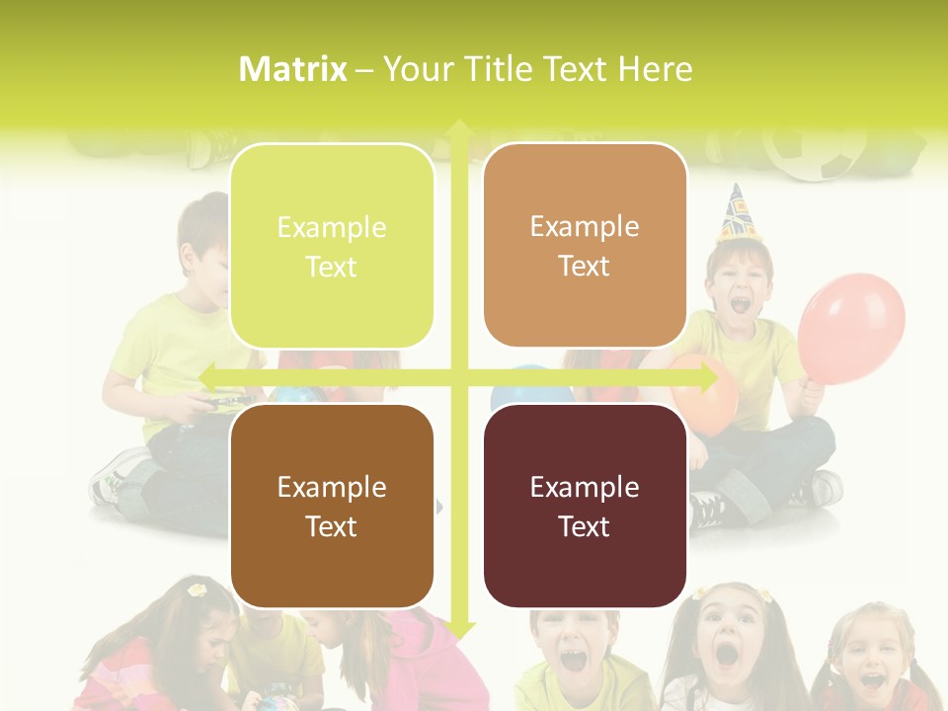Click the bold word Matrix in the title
pos(293,69)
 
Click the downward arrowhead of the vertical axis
pos(458,629)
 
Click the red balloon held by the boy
pos(850,327)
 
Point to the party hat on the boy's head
pos(735,212)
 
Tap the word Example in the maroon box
pos(585,487)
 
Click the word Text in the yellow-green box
pos(332,267)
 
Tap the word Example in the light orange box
pos(585,226)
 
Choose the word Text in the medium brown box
pos(332,526)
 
